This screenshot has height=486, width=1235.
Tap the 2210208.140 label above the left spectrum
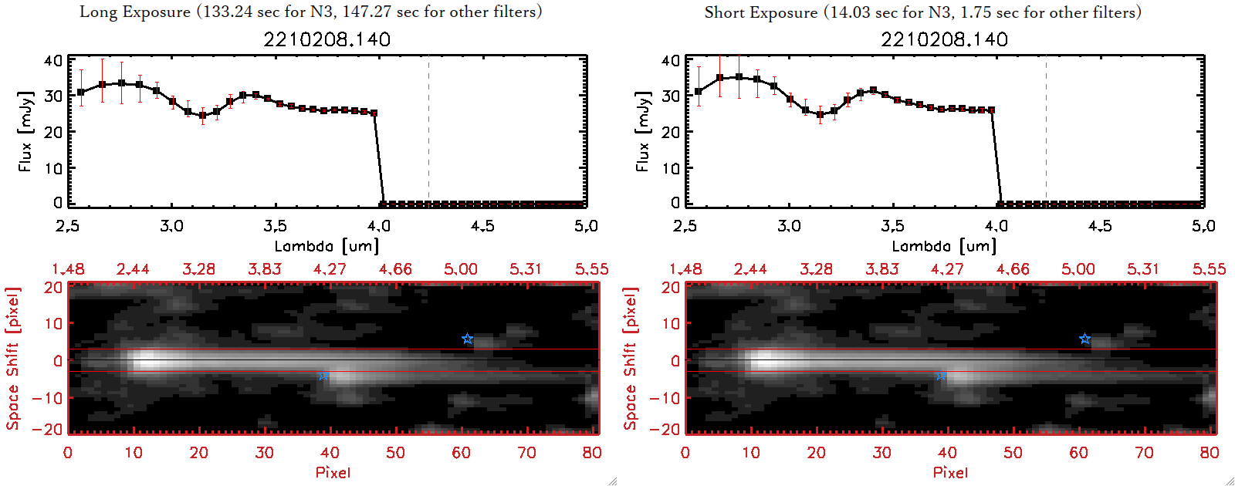coord(327,39)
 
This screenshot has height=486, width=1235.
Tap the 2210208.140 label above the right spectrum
coord(944,39)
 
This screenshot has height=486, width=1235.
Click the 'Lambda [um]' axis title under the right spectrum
coord(944,246)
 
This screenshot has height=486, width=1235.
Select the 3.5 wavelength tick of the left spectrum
coord(275,226)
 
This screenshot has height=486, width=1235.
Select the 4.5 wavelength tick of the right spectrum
coord(1100,226)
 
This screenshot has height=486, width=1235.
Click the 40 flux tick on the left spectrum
coord(53,60)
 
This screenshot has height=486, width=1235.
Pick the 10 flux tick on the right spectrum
coord(670,167)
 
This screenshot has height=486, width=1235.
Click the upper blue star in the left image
coord(467,339)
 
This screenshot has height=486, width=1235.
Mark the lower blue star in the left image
coord(324,376)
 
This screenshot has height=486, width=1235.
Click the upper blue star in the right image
coord(1084,339)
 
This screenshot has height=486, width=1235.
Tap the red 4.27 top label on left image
coord(330,269)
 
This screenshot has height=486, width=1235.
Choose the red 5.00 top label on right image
coord(1078,269)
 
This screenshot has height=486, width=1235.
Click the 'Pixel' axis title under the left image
coord(333,472)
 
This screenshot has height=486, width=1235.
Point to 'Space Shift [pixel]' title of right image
coord(631,359)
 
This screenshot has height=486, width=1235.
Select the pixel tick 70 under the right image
coord(1144,453)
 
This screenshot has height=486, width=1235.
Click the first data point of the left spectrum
coord(81,93)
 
